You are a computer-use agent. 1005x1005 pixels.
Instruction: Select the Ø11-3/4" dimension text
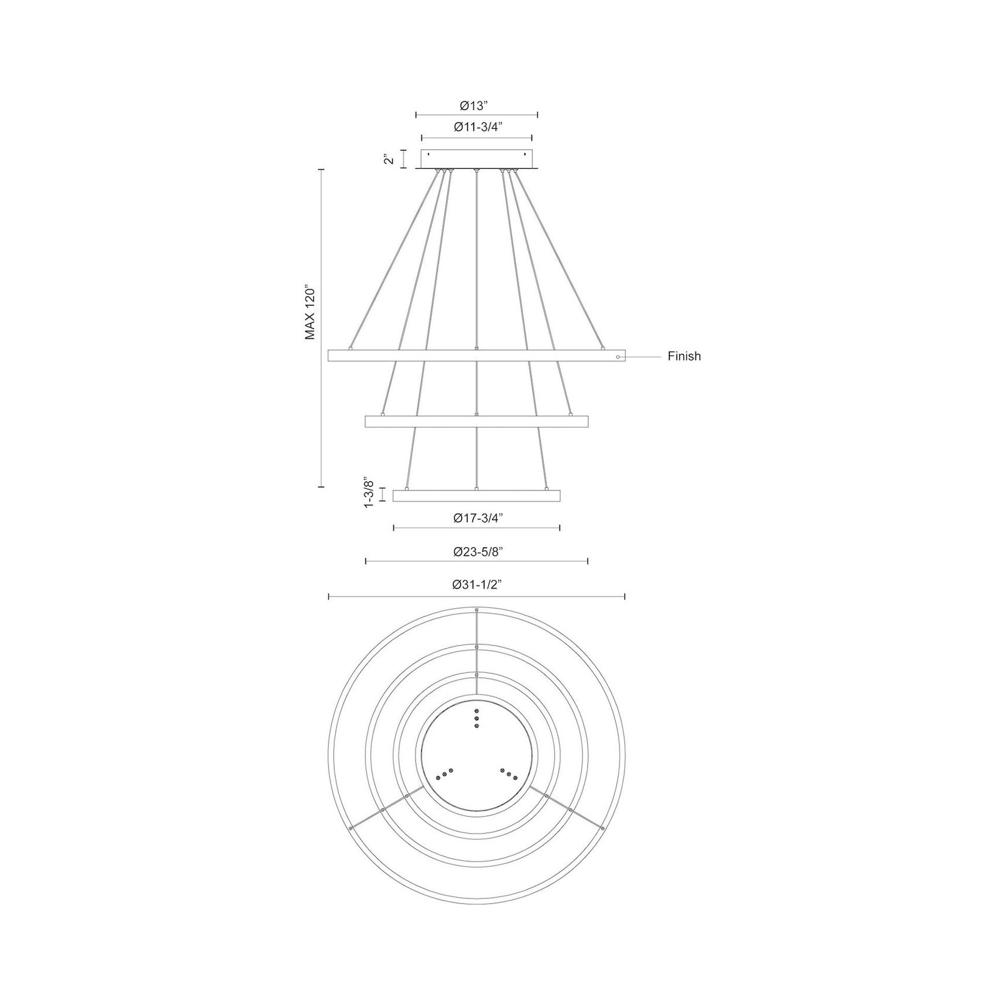477,128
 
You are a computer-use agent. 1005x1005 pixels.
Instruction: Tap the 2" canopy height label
387,159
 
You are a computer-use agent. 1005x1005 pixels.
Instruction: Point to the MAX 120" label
310,312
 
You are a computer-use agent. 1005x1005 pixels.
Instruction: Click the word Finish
684,356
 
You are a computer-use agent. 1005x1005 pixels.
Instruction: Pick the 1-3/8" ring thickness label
369,492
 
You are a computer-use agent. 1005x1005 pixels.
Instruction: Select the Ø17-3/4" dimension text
477,518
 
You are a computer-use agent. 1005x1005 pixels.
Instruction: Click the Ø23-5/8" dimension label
477,552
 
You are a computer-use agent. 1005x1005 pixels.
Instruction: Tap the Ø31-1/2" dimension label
477,585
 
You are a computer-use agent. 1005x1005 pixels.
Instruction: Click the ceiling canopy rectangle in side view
476,160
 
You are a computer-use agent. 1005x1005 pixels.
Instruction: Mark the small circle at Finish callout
618,357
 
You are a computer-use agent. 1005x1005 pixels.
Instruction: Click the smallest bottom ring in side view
476,496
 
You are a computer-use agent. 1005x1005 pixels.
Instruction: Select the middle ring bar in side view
476,421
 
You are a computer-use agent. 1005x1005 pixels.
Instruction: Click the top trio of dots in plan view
477,718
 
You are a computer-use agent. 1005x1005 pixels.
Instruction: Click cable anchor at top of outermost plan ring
477,609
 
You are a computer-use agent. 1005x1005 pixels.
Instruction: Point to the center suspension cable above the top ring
477,260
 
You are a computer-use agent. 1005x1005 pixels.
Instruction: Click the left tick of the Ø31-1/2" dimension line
329,596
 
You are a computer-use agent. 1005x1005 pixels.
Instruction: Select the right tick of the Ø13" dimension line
537,115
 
